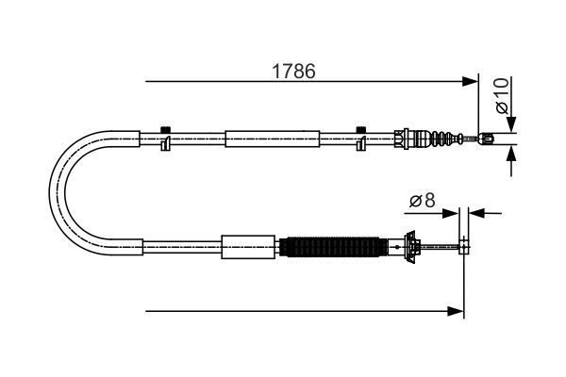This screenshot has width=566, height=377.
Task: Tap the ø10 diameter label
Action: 503,96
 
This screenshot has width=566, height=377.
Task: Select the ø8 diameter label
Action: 421,200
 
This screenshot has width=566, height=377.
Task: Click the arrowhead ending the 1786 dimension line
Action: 472,82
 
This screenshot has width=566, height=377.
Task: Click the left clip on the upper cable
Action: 165,139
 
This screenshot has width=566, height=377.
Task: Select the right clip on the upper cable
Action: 360,139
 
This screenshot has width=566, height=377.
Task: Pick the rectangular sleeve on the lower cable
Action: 248,247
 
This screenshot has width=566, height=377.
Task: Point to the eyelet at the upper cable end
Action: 487,139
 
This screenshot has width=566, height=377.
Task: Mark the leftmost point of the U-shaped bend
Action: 51,193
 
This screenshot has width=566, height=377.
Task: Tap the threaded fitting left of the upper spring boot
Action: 406,139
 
